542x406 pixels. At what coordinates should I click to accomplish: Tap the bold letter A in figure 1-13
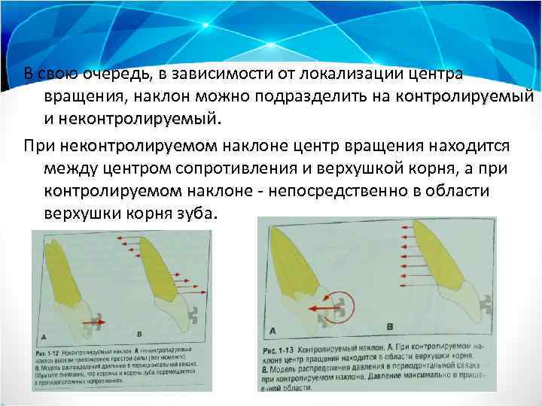click(x=272, y=329)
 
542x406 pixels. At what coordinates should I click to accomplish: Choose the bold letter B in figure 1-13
click(x=389, y=326)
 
